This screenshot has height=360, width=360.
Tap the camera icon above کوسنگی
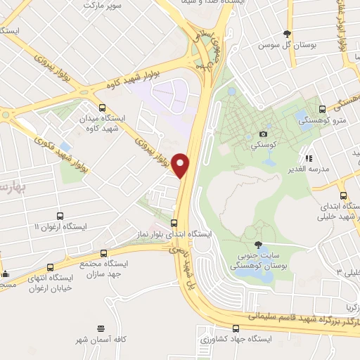263,134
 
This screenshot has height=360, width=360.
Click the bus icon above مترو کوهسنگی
322,109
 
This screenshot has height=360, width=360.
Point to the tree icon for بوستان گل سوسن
286,34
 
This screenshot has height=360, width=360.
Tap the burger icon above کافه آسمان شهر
102,328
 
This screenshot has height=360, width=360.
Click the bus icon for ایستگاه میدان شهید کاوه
103,108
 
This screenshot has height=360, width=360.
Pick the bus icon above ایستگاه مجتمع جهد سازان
105,252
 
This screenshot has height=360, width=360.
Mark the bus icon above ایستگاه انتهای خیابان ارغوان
49,267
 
